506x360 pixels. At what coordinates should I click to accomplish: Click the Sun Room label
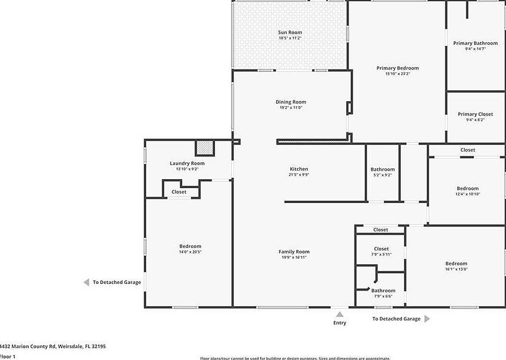(x=290, y=32)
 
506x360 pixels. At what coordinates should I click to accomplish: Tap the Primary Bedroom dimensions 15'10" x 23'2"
(x=397, y=74)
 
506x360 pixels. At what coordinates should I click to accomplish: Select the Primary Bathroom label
(x=475, y=43)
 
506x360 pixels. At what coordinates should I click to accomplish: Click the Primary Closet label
(x=475, y=114)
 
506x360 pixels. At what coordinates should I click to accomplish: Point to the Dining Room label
(x=290, y=102)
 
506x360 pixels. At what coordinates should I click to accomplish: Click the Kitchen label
(x=299, y=169)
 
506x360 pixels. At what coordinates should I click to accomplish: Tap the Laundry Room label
(x=187, y=163)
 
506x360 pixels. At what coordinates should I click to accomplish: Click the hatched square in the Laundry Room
(x=205, y=148)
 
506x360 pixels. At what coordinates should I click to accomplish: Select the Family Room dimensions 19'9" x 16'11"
(x=294, y=258)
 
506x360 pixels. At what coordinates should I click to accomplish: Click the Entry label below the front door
(x=340, y=323)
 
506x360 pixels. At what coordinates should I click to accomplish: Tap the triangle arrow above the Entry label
(x=340, y=314)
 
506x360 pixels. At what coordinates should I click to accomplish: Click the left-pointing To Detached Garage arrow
(x=86, y=282)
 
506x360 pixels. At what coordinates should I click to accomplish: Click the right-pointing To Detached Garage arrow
(x=427, y=319)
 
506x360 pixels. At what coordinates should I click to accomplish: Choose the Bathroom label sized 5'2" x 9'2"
(x=382, y=170)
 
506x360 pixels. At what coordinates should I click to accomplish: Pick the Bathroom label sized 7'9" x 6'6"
(x=383, y=291)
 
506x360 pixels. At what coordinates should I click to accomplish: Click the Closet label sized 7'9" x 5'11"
(x=381, y=249)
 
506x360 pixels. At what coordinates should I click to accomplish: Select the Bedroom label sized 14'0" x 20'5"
(x=190, y=246)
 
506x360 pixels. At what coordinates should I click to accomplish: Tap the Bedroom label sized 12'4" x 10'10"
(x=467, y=188)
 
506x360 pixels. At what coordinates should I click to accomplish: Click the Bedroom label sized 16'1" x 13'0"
(x=456, y=264)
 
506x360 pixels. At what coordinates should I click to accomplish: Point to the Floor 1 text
(x=8, y=356)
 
